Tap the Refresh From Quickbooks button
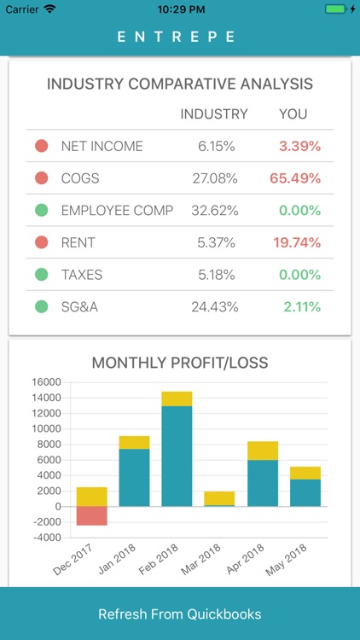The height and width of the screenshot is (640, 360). (x=180, y=614)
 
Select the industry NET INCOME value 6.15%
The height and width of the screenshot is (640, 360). (x=216, y=146)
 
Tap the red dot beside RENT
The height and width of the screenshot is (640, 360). (x=41, y=243)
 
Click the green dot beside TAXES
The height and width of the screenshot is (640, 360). (x=41, y=275)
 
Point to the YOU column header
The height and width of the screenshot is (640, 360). (x=293, y=113)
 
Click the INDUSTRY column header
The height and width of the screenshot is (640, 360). (x=214, y=113)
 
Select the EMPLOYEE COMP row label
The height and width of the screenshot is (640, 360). (x=117, y=211)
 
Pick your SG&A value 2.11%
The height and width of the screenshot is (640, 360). (x=302, y=307)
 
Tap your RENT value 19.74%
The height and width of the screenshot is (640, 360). (x=297, y=243)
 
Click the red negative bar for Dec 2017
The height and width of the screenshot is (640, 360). (x=92, y=515)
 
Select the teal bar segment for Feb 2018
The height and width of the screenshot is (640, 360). (x=177, y=457)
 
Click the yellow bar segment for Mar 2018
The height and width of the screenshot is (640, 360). (x=220, y=497)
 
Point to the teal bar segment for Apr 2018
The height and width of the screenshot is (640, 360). (x=263, y=483)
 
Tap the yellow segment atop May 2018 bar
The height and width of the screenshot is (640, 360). (x=305, y=473)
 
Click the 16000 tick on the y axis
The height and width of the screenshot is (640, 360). (x=47, y=381)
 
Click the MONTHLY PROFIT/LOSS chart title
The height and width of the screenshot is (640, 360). (x=180, y=363)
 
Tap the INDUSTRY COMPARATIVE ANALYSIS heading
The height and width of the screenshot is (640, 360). (x=180, y=84)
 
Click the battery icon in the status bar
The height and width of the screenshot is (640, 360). (x=336, y=9)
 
